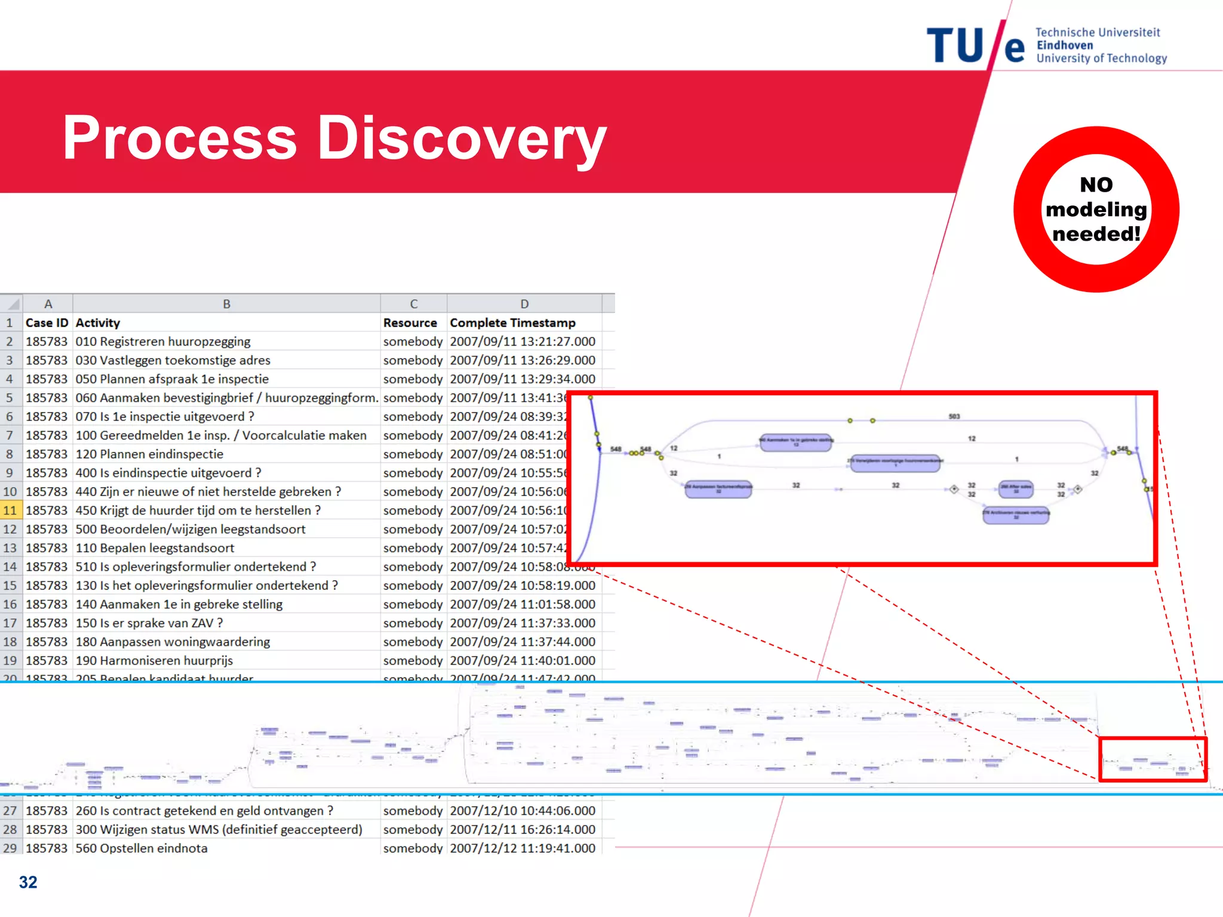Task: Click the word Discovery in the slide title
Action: pos(461,139)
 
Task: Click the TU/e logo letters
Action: pos(975,45)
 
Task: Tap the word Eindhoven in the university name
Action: pos(1065,45)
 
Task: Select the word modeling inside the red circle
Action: pos(1096,210)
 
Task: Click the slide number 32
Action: pos(28,882)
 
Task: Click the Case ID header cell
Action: pos(47,323)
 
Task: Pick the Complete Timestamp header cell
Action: pos(512,323)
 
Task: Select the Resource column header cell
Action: pos(410,323)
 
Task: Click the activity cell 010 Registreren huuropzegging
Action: pos(163,341)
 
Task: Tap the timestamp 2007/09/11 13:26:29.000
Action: pos(523,361)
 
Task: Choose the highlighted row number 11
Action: pos(10,510)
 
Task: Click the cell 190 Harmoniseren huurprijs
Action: pos(154,661)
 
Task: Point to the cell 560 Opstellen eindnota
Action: pos(142,848)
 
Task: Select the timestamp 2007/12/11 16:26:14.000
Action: pos(523,829)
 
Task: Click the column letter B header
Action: pos(226,304)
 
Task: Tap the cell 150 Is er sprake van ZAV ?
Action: pos(149,623)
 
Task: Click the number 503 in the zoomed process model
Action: pos(954,417)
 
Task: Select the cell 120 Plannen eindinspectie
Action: pos(149,454)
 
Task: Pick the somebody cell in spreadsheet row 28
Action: pos(413,829)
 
